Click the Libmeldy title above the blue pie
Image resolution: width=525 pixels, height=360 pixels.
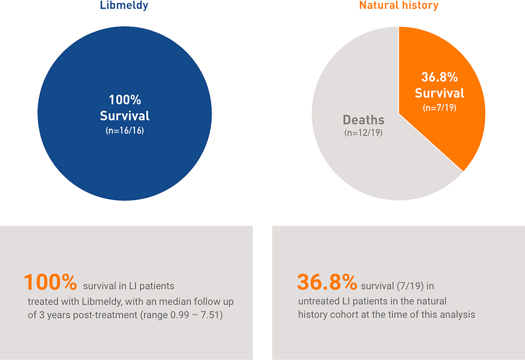click(124, 5)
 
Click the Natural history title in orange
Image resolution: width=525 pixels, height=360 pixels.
click(399, 5)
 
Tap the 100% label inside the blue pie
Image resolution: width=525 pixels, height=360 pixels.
click(125, 100)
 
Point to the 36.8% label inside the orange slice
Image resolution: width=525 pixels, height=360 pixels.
click(440, 77)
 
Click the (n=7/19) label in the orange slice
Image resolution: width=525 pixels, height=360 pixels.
click(440, 109)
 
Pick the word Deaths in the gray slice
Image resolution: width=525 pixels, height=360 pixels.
click(364, 120)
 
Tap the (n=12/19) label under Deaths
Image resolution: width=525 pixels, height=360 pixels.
click(364, 133)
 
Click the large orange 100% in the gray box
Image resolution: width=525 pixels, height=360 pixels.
click(51, 283)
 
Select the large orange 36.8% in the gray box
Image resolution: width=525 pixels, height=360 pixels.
click(327, 283)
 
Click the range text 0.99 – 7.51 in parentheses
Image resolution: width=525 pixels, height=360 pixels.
click(193, 315)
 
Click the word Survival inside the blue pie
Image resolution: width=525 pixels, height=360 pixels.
click(125, 116)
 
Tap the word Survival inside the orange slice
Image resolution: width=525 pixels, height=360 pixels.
click(440, 93)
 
